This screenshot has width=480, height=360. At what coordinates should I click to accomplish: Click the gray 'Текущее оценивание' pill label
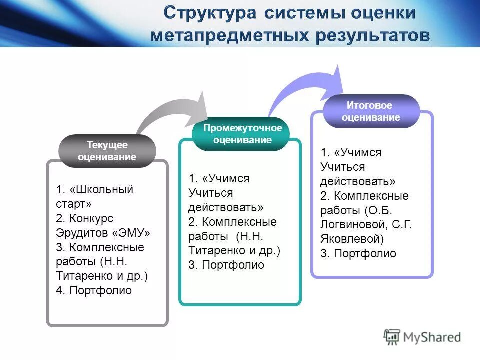(x=107, y=151)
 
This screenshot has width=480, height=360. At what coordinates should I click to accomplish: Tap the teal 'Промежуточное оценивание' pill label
(x=242, y=134)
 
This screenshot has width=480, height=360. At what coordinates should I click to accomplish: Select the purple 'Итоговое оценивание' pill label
(x=370, y=111)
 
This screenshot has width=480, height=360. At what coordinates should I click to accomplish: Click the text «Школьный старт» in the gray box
(x=95, y=197)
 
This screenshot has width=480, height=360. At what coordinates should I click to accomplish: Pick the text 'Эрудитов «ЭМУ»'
(x=103, y=233)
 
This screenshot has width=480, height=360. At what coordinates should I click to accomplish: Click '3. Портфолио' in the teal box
(x=226, y=265)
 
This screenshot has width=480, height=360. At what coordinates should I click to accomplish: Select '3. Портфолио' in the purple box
(x=358, y=253)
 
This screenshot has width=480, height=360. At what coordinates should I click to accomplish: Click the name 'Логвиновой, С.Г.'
(x=366, y=224)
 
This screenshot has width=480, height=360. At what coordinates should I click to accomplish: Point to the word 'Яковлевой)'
(x=352, y=239)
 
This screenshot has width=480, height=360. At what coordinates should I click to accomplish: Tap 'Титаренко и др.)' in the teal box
(x=234, y=250)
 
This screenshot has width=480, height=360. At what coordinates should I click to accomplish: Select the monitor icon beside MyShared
(x=392, y=336)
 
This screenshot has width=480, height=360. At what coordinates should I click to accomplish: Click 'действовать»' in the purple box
(x=358, y=181)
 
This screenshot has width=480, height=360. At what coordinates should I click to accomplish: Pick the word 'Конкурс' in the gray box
(x=91, y=218)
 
